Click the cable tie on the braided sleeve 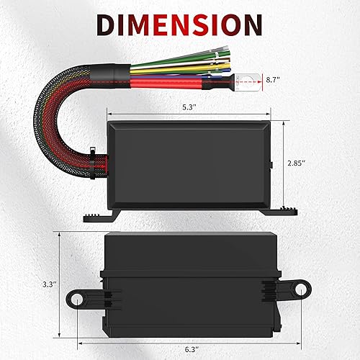(95, 153)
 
